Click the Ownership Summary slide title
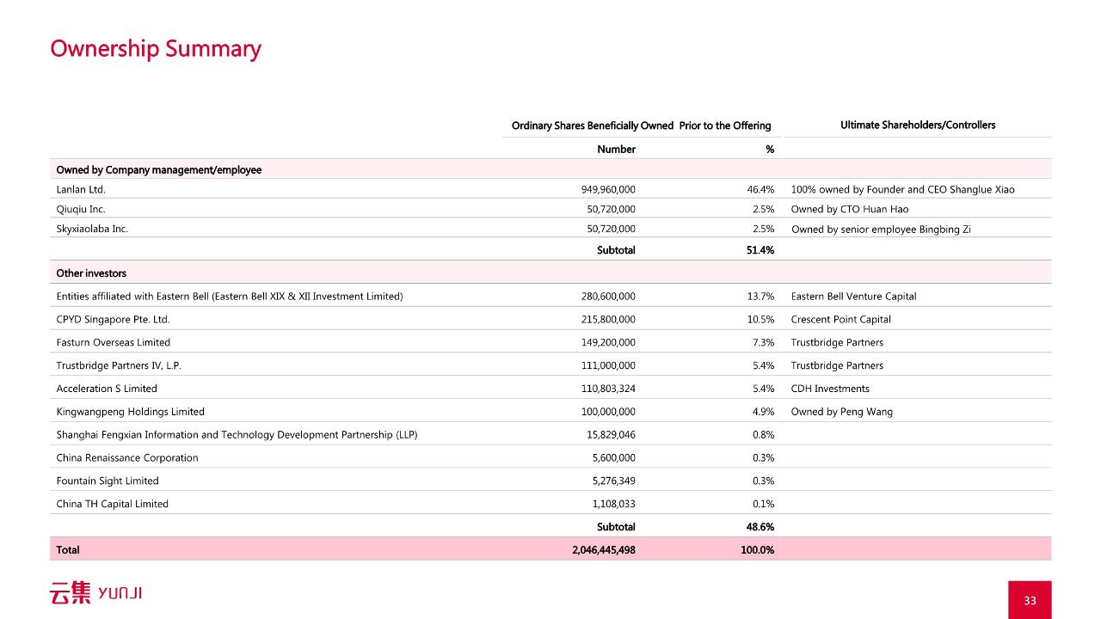point(156,49)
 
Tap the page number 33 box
point(1030,600)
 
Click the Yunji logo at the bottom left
point(95,592)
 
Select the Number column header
point(616,149)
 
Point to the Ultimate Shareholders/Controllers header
point(918,125)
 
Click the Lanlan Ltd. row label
point(81,189)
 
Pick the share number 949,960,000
point(608,189)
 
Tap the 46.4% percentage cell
point(760,189)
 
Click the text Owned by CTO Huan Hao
point(849,209)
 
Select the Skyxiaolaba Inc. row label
point(92,229)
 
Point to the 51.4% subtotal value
point(760,250)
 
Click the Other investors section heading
point(91,273)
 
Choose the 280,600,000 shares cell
point(608,297)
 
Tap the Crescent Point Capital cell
point(840,319)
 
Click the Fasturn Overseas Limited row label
point(113,342)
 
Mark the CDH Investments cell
point(830,389)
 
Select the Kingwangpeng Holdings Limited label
point(130,412)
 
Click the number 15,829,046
point(611,435)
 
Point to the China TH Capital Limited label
point(112,504)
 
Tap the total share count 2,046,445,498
point(604,549)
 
